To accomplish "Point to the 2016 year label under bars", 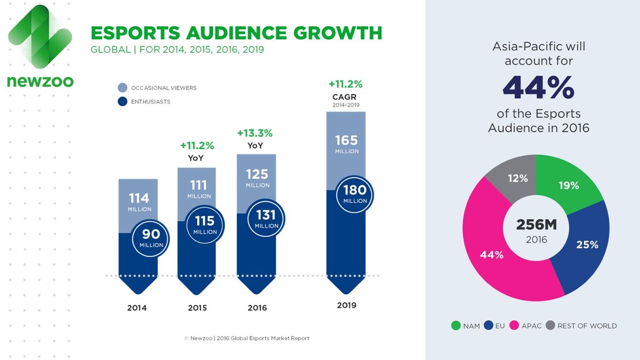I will pyautogui.click(x=258, y=308).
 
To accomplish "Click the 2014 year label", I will pyautogui.click(x=137, y=308).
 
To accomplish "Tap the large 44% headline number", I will pyautogui.click(x=539, y=87).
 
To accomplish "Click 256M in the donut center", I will pyautogui.click(x=536, y=225).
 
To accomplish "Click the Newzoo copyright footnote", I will pyautogui.click(x=246, y=338).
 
